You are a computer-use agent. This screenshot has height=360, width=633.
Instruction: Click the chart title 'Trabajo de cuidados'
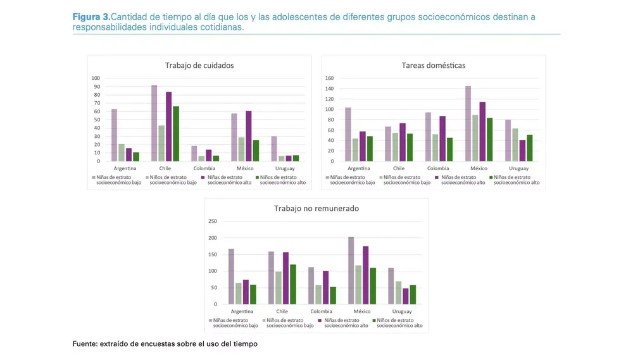tap(199, 65)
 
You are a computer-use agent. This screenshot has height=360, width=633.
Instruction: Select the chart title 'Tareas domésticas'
tap(433, 65)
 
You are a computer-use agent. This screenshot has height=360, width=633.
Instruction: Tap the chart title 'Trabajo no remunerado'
tap(316, 208)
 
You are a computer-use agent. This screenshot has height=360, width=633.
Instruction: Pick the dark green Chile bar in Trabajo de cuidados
tap(176, 134)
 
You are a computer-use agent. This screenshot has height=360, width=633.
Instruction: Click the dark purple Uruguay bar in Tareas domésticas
tap(522, 151)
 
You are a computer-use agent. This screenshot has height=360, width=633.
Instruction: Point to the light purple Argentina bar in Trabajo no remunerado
tap(231, 276)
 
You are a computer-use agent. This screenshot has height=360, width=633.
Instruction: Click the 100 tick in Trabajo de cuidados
tap(96, 78)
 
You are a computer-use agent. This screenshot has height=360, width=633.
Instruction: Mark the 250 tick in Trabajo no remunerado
tap(213, 221)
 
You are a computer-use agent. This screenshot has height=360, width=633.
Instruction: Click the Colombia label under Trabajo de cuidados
tap(204, 169)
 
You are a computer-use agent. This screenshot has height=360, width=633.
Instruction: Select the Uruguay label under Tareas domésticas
tap(518, 169)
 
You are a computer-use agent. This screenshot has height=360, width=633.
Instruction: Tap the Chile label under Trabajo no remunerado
tap(282, 312)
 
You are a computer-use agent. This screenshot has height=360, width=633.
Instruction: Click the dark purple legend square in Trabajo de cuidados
tap(203, 178)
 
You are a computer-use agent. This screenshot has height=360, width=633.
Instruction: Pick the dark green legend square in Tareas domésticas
tap(491, 178)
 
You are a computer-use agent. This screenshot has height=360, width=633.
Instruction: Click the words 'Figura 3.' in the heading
tap(91, 16)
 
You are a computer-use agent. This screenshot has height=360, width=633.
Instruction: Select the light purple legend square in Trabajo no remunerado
tap(211, 321)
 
